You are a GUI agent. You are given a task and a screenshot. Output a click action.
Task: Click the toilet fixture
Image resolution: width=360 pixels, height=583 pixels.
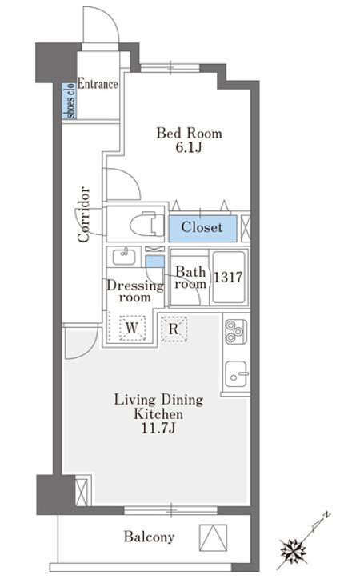(x=147, y=224)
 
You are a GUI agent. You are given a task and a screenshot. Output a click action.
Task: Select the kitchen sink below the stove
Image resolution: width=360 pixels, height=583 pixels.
(x=236, y=374)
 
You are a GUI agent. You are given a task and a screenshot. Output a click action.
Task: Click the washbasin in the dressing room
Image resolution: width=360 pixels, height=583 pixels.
(x=124, y=256)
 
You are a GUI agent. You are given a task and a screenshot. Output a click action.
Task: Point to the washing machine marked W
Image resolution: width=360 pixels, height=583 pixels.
(x=132, y=329)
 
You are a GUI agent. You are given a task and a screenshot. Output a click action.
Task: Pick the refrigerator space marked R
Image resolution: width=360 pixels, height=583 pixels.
(x=174, y=329)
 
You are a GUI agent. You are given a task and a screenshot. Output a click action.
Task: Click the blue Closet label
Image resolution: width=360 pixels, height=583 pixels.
(x=202, y=227)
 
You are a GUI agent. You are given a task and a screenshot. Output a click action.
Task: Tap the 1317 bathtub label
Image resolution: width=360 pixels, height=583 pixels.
(x=228, y=277)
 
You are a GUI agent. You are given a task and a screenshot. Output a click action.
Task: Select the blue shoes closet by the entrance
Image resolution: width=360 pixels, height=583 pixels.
(x=69, y=101)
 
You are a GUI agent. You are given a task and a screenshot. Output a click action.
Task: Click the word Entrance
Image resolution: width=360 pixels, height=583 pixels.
(x=98, y=84)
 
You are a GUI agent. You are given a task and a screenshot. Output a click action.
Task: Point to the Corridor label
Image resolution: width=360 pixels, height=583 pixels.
(x=84, y=214)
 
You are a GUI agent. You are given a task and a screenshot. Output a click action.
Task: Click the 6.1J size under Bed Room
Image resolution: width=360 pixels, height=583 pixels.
(x=189, y=148)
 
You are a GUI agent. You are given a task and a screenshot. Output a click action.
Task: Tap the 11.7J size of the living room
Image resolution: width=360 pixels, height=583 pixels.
(x=158, y=429)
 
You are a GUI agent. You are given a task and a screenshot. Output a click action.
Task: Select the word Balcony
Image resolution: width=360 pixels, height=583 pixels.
(x=149, y=537)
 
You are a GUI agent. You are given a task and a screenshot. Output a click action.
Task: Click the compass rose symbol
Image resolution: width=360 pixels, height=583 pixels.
(x=294, y=549)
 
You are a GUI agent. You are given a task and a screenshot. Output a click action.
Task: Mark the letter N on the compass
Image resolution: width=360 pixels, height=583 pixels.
(x=326, y=515)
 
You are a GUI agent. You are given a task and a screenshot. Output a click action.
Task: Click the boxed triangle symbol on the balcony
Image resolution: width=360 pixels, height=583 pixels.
(x=213, y=537)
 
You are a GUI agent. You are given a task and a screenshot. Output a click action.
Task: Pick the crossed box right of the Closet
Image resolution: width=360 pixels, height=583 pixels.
(x=246, y=227)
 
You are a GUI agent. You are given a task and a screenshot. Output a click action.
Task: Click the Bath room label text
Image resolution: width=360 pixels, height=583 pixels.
(x=190, y=278)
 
